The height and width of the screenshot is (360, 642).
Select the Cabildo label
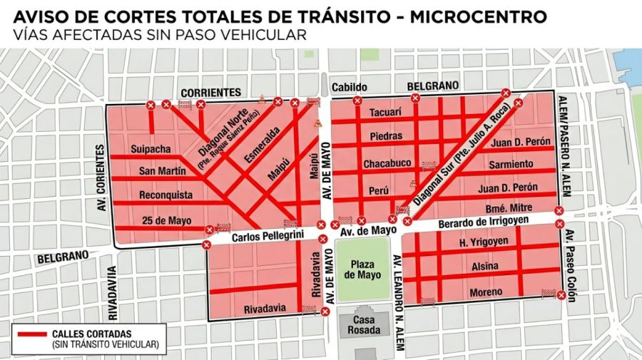[350, 88]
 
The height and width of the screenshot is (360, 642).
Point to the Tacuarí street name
[386, 113]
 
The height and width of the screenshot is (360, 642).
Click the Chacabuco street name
[387, 164]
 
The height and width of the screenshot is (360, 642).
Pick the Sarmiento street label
[511, 165]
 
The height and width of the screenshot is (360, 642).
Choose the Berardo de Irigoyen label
[484, 222]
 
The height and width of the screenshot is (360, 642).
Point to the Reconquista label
[166, 195]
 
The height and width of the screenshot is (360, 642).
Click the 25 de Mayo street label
[167, 220]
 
